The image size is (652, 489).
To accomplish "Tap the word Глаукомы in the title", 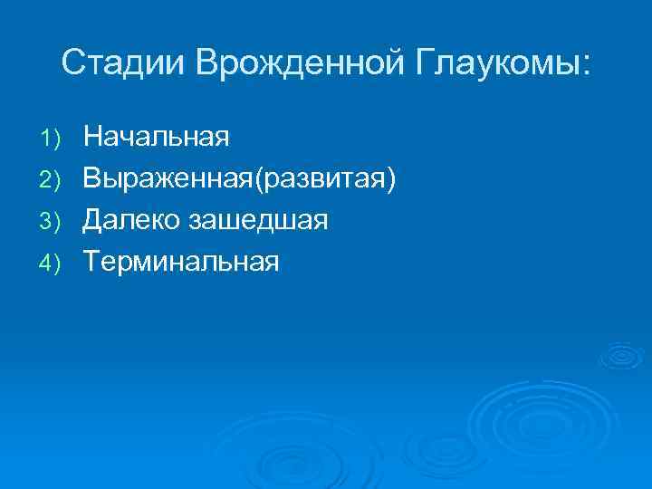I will pos(496,62).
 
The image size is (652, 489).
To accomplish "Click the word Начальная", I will pos(156,138).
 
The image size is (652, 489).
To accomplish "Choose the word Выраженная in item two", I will pos(168,179).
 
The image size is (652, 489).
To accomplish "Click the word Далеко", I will pos(130,221).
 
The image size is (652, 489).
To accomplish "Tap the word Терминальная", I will pos(181,263).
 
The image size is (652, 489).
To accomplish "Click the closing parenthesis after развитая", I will pos(391,179).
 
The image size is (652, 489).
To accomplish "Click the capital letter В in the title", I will pos(206,62).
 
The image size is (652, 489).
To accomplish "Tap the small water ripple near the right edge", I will pos(622,357).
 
